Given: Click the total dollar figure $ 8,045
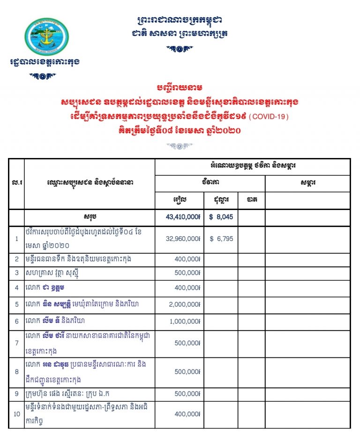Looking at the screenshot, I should [221, 218].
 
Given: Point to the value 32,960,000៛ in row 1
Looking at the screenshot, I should [183, 239].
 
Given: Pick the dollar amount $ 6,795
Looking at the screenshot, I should [221, 239].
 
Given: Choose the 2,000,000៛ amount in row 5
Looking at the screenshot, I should [185, 305].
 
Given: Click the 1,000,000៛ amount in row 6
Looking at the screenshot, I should [185, 322].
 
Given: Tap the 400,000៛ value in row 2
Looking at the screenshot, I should [187, 259].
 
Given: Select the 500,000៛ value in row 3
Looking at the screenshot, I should [187, 273].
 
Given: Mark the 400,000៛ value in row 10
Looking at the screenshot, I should [187, 414].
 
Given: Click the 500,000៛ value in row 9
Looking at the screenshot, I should [187, 394].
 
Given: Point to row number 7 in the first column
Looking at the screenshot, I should [17, 343].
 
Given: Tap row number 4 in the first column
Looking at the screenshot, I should [17, 288].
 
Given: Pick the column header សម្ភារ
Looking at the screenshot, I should [307, 183].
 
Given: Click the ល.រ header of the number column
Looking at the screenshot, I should [17, 183].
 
